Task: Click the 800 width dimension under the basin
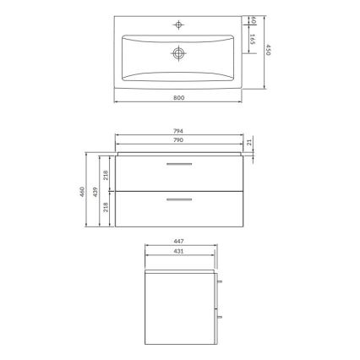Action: point(180,98)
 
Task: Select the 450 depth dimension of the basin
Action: point(268,52)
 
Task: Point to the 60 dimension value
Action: point(253,20)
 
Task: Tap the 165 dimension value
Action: point(253,38)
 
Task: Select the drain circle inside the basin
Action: point(179,52)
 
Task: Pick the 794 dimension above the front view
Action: point(179,131)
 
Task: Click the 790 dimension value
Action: point(179,139)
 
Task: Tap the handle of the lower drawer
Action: point(179,200)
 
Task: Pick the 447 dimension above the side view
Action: point(179,243)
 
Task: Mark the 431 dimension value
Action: point(179,251)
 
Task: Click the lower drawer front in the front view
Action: point(179,211)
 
